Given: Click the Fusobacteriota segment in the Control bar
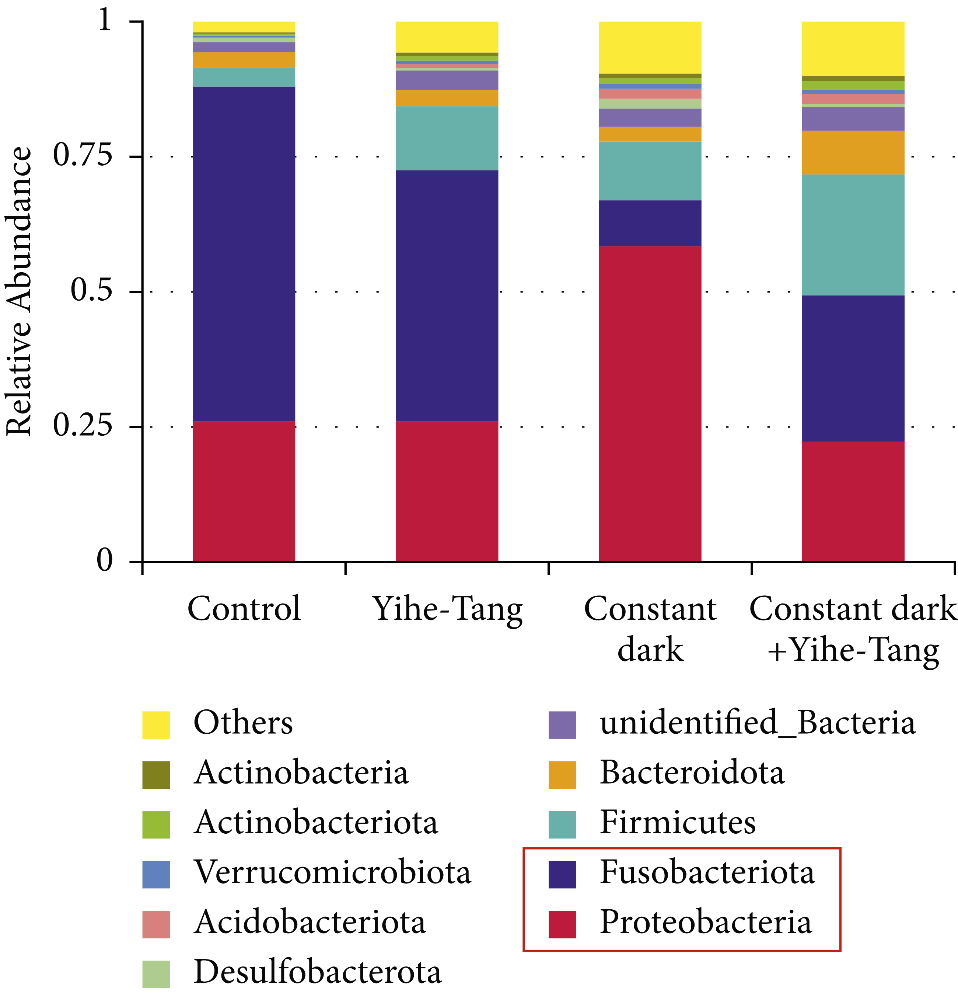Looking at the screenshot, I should click(244, 254).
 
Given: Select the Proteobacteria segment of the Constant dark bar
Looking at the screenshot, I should click(650, 404).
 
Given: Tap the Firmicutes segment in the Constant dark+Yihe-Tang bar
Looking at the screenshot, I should click(853, 235).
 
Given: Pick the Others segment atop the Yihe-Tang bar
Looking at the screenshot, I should click(447, 37).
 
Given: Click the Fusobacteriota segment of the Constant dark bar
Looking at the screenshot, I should click(650, 223).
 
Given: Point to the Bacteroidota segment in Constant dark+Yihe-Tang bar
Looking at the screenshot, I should click(853, 152).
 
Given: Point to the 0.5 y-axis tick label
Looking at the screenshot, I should click(91, 291).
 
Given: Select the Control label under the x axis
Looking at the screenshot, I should click(244, 609).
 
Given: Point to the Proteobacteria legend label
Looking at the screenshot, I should click(706, 922).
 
